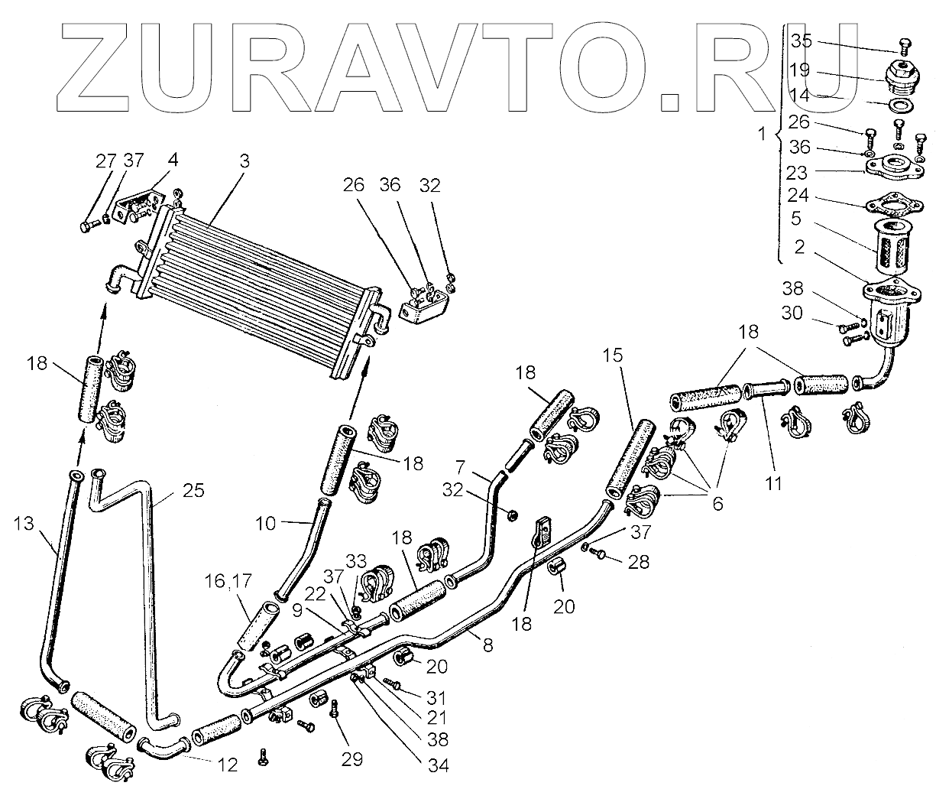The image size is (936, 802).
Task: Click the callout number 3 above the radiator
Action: [244, 162]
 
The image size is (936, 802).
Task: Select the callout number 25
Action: [194, 491]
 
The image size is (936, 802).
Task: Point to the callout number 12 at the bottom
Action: [228, 764]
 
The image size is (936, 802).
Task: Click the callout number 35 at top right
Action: [802, 40]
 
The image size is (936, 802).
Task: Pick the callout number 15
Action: [612, 356]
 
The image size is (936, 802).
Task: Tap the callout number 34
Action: [438, 765]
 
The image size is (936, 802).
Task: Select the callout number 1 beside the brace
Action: [760, 135]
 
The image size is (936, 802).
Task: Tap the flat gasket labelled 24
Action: [888, 209]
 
